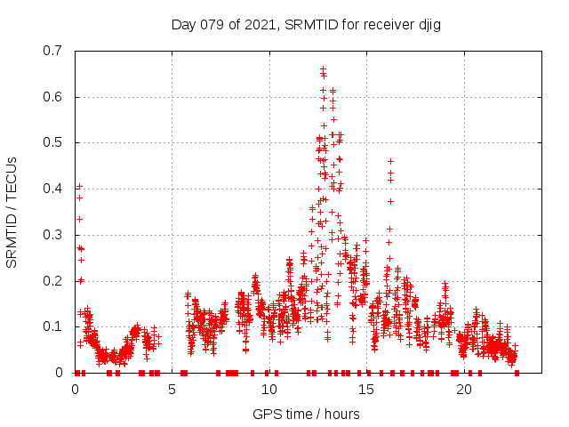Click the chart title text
(306, 24)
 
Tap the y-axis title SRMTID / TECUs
(12, 212)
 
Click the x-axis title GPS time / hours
(306, 414)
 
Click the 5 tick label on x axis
(172, 390)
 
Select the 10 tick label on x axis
(269, 390)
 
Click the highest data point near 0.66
(323, 68)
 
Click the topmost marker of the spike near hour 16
(390, 161)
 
